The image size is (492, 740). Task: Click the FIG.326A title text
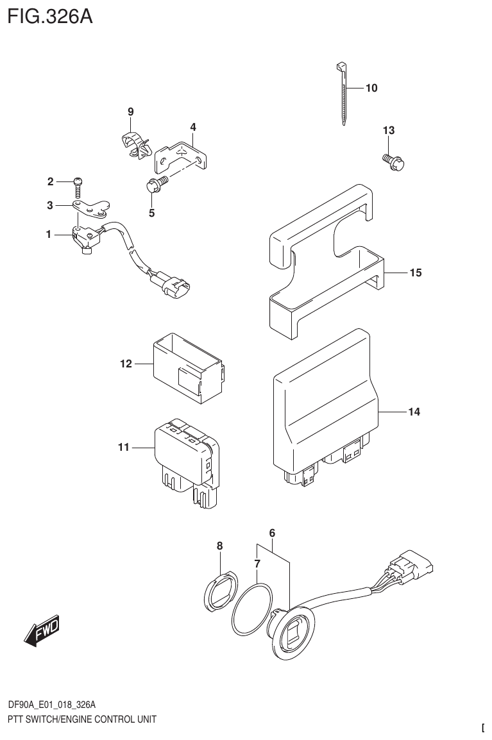(50, 15)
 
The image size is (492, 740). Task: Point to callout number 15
(415, 273)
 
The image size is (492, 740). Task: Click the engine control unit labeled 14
(321, 410)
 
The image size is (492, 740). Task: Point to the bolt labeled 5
(155, 185)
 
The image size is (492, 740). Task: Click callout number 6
(272, 533)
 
